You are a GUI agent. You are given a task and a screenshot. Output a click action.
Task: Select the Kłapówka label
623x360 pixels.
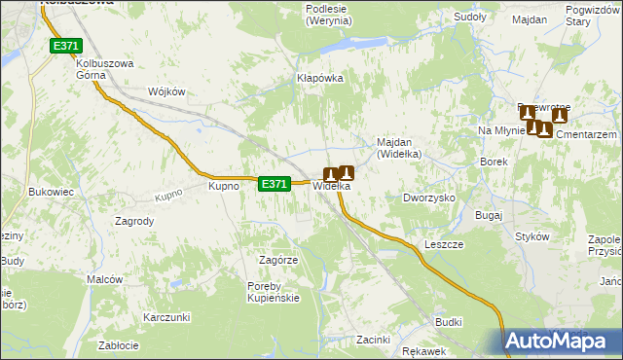pos(320,78)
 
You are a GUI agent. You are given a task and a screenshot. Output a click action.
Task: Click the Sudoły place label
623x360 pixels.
pos(471,18)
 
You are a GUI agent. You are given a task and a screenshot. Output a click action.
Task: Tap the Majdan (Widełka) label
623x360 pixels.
pos(398,148)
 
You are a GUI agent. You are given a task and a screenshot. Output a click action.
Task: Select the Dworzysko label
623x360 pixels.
pos(429,198)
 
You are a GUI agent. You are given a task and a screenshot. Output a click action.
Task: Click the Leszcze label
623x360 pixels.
pos(444,244)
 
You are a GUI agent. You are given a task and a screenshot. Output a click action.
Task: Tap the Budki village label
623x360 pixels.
pos(449,321)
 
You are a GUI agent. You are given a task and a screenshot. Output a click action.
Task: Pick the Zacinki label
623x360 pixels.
pos(373,340)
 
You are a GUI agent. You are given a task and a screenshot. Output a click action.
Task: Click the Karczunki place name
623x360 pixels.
pos(165,317)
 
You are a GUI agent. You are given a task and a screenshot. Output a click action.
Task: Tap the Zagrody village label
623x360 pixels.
pos(134,221)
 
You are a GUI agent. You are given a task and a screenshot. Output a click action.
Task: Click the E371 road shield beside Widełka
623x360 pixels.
pos(275,183)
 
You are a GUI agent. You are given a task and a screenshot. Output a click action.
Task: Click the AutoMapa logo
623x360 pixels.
pos(563,341)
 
